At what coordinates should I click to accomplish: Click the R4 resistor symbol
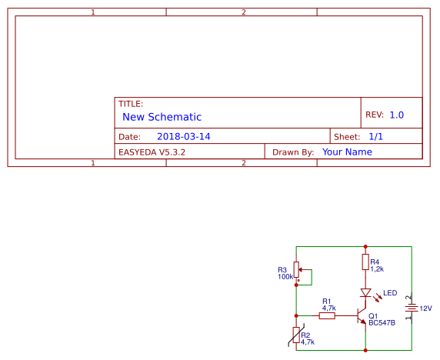365,262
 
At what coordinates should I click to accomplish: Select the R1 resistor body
327,316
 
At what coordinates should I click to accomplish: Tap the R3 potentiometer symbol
297,270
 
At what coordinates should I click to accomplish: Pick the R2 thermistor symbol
296,335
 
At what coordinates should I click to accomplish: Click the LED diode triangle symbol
365,292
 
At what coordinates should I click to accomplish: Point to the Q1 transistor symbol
362,315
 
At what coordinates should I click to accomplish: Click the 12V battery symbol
412,308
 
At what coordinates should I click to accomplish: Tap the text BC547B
382,323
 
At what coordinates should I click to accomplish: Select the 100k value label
285,277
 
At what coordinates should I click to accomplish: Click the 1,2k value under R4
377,269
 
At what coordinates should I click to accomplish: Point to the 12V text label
425,308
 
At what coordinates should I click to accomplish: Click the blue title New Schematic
162,117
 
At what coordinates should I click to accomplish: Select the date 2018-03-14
184,137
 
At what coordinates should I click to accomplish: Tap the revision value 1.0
397,115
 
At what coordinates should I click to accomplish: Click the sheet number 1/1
375,137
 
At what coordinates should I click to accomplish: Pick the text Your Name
347,152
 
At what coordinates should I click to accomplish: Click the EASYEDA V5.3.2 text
152,152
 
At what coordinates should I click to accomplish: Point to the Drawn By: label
293,152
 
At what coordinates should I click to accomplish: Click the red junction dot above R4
365,247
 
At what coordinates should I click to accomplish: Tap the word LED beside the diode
390,293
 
